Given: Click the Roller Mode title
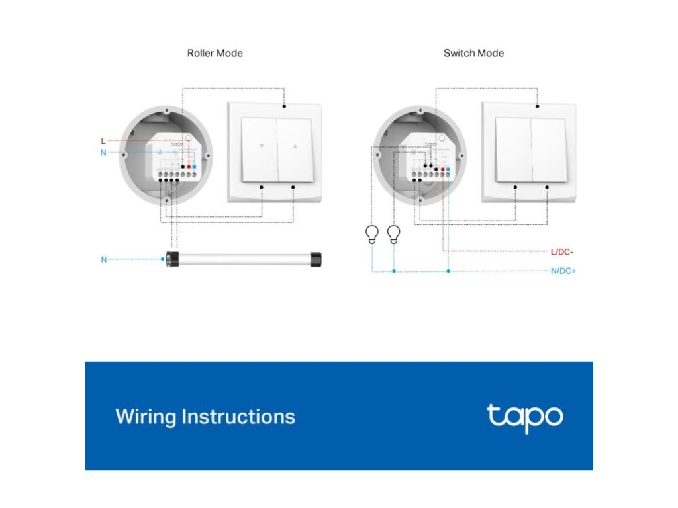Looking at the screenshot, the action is click(215, 53).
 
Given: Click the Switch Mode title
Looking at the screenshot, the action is click(473, 53).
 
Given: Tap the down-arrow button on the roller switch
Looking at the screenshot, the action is click(261, 149).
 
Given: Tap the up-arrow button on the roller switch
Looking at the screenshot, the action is click(295, 149).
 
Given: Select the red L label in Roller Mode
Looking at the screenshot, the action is click(103, 141).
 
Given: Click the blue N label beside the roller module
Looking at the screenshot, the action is click(103, 153).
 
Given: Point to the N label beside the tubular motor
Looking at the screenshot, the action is click(103, 259).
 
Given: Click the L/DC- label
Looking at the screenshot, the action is click(563, 252).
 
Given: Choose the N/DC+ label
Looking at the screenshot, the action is click(563, 271).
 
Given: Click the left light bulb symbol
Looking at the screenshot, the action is click(372, 234).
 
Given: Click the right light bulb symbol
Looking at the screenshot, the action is click(394, 234).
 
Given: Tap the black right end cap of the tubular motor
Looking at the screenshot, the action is click(316, 259).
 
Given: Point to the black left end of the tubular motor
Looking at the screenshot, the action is click(172, 259).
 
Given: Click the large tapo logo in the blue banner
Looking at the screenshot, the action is click(524, 417).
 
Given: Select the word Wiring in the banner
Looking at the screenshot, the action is click(146, 417).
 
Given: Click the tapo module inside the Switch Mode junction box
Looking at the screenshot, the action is click(430, 157).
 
